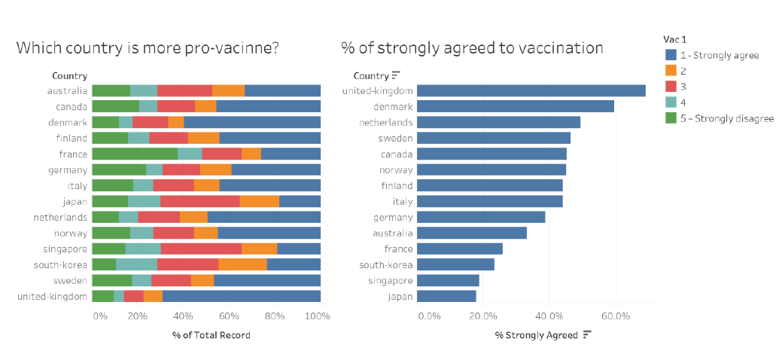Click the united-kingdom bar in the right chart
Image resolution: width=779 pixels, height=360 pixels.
[x=531, y=90]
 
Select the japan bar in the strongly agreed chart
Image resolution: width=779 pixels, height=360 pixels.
[x=446, y=296]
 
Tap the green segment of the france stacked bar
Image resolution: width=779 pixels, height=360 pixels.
[x=135, y=154]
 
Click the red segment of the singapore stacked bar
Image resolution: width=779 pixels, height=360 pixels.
[x=201, y=249]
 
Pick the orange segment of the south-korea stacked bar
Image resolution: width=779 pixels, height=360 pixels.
[x=242, y=264]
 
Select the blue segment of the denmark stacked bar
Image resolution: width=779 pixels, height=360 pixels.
[x=252, y=122]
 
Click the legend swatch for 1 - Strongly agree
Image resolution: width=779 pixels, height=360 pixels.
[x=671, y=55]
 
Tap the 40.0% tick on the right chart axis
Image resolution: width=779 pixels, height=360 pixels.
[x=549, y=316]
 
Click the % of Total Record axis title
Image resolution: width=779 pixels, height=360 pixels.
[x=211, y=334]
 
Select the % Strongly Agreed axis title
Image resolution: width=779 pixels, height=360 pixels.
[x=536, y=334]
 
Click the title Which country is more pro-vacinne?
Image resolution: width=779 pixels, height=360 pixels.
[x=148, y=48]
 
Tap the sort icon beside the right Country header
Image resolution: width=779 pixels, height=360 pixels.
[x=396, y=75]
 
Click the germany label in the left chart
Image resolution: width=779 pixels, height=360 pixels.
[x=68, y=169]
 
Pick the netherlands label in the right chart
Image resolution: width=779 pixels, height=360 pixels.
[x=385, y=122]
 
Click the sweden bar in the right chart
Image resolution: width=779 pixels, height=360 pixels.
[x=493, y=138]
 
